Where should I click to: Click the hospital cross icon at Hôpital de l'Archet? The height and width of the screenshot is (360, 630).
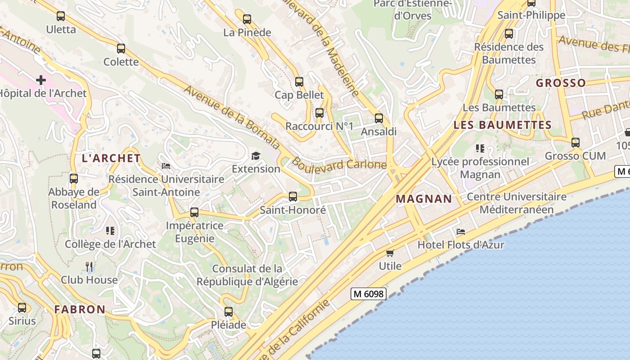pyautogui.click(x=41, y=80)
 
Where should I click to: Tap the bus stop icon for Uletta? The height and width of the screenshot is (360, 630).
pyautogui.click(x=61, y=16)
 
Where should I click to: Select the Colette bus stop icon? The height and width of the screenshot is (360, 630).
pyautogui.click(x=121, y=49)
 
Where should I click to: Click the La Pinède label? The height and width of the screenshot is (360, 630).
pyautogui.click(x=247, y=32)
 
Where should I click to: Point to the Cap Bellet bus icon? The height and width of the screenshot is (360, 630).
pyautogui.click(x=299, y=82)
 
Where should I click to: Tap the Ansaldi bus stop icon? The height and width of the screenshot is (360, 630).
pyautogui.click(x=379, y=118)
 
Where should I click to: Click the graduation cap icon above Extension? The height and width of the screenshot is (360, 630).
pyautogui.click(x=256, y=156)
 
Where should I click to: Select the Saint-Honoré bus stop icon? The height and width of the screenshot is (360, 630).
pyautogui.click(x=293, y=197)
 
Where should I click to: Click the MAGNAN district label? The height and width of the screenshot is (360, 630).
pyautogui.click(x=424, y=199)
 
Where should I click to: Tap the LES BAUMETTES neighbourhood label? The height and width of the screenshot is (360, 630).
pyautogui.click(x=502, y=125)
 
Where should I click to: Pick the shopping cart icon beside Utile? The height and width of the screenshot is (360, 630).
pyautogui.click(x=390, y=253)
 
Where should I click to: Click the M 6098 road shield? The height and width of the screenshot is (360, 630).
pyautogui.click(x=369, y=294)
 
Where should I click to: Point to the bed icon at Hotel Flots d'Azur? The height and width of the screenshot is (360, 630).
pyautogui.click(x=461, y=232)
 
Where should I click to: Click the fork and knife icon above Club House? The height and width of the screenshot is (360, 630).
pyautogui.click(x=89, y=267)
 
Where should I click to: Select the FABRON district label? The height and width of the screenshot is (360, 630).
pyautogui.click(x=80, y=310)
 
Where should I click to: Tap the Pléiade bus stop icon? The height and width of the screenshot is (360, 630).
pyautogui.click(x=229, y=311)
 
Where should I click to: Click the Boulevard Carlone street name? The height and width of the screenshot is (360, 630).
pyautogui.click(x=339, y=164)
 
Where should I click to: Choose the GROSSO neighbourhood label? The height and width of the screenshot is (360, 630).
pyautogui.click(x=561, y=83)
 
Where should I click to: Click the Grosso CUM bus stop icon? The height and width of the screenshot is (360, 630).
pyautogui.click(x=575, y=143)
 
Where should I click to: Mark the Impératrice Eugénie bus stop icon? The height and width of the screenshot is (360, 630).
pyautogui.click(x=194, y=212)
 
